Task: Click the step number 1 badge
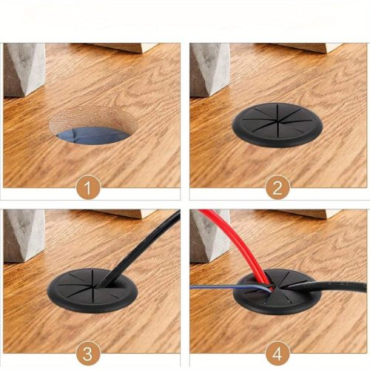coord(88,188)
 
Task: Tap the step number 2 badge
coord(277,188)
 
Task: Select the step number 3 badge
coord(88,354)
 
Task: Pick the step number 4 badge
coord(277,354)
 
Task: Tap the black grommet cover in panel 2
coord(277,124)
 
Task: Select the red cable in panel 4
coord(237,244)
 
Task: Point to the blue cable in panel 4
coord(231,288)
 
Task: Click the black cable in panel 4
coord(326,286)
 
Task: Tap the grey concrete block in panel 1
coord(24,70)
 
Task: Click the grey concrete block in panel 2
coord(210,70)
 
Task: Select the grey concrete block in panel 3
coord(24,235)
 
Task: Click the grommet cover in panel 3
coord(92,291)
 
